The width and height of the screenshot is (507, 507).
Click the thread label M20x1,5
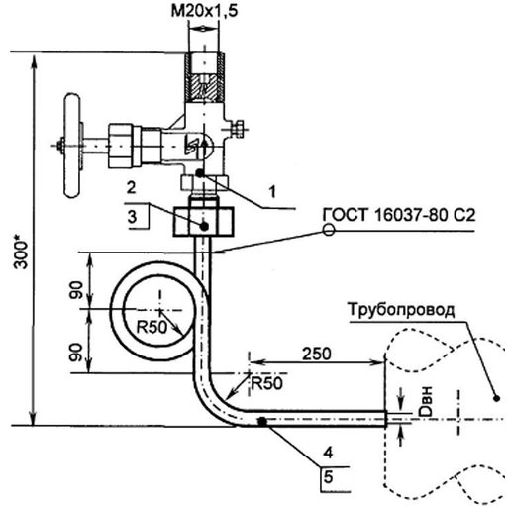[x=204, y=11]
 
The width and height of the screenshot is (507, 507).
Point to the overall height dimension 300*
[x=21, y=252]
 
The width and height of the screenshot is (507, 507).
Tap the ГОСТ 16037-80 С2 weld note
[x=399, y=215]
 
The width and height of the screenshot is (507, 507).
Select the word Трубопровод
[x=401, y=310]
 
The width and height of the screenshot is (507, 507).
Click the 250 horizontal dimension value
[x=317, y=354]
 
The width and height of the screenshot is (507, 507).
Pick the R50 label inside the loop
[x=152, y=327]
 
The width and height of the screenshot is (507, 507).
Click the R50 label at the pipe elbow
[x=266, y=383]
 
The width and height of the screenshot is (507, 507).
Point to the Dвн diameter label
[x=425, y=401]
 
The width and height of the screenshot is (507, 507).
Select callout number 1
[x=272, y=192]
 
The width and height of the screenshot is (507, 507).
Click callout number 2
[x=132, y=187]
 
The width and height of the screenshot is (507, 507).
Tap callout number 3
[x=132, y=217]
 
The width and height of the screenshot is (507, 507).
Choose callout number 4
[x=328, y=453]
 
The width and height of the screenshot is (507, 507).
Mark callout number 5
[x=328, y=477]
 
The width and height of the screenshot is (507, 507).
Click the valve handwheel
[x=72, y=146]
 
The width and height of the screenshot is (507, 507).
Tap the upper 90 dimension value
[x=76, y=290]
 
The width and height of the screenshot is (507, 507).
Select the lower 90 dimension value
[x=76, y=353]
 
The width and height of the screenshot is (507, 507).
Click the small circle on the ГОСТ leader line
[x=329, y=230]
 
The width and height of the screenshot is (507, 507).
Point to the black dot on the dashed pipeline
[x=496, y=398]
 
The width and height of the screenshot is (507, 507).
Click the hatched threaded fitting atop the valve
[x=205, y=77]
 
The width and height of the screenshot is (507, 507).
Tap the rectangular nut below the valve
[x=204, y=222]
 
